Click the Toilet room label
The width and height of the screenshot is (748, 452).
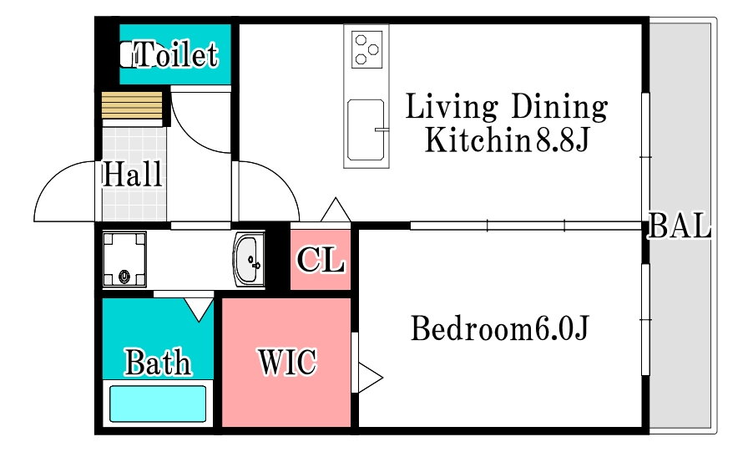coord(176,54)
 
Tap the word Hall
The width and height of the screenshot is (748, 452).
coord(133,174)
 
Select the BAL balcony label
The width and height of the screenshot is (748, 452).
coord(680,226)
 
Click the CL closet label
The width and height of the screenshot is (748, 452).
coord(321,260)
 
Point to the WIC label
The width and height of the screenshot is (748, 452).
coord(288,361)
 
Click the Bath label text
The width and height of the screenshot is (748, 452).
coord(158,363)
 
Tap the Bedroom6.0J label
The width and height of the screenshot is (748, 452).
coord(500,328)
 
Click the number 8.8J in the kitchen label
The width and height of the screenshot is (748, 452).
coord(563,140)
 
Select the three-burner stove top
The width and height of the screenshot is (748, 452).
coord(367,49)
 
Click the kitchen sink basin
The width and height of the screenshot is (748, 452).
coord(366,130)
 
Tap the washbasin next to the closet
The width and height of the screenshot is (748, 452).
coord(249,260)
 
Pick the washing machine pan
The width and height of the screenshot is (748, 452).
coord(124,259)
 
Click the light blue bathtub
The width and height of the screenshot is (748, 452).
coord(158,404)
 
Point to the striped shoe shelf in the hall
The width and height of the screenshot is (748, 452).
coord(132,105)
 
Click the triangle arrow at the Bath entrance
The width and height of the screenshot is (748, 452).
coord(199,309)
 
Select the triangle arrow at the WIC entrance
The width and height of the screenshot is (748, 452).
coord(370,378)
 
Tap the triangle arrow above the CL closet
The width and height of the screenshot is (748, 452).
coord(336,210)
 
